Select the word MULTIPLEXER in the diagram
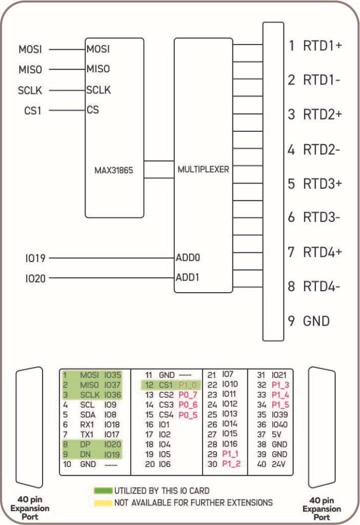(204, 169)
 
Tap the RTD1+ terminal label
(322, 46)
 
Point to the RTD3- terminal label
(322, 217)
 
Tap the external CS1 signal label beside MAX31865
(32, 110)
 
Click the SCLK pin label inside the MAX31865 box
(98, 90)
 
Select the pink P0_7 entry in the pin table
(188, 395)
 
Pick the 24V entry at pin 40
(278, 465)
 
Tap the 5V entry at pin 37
(276, 435)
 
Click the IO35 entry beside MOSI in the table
(113, 375)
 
